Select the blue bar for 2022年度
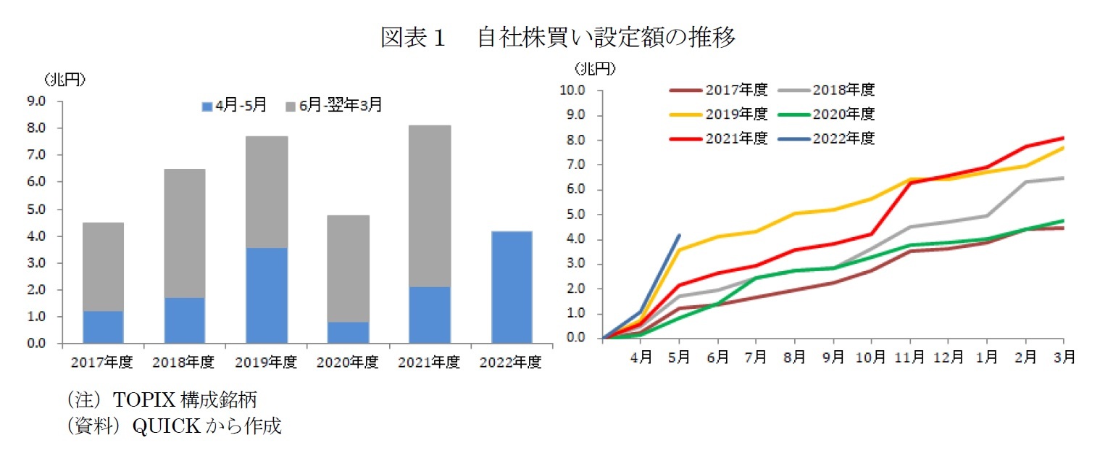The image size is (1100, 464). click(x=511, y=287)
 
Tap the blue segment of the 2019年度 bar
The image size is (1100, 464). click(x=267, y=295)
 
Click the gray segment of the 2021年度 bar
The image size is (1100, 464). click(x=430, y=206)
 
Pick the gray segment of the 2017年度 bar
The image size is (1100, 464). click(x=103, y=267)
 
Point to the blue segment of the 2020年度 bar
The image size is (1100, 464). click(x=348, y=332)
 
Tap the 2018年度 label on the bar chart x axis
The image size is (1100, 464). click(x=184, y=362)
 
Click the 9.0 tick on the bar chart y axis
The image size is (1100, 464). click(x=36, y=101)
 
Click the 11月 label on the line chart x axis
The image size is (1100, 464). click(x=909, y=356)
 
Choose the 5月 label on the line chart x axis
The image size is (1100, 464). click(x=679, y=356)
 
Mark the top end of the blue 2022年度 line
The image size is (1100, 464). click(x=679, y=235)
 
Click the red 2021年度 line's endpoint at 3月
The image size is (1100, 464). click(x=1063, y=138)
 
